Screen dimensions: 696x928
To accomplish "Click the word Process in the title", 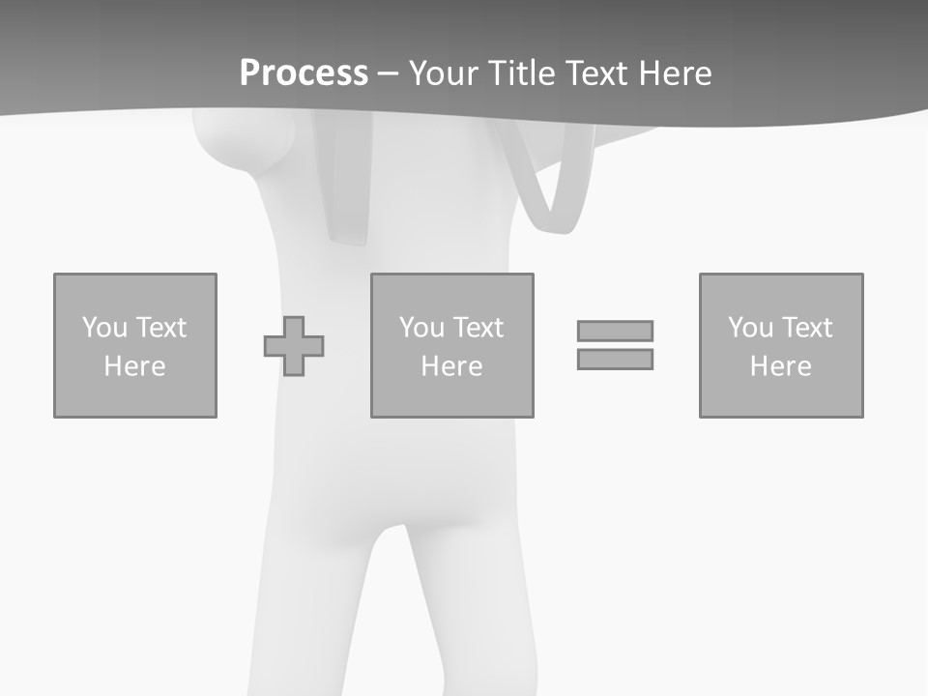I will (304, 73).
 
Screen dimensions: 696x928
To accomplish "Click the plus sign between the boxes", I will (294, 346).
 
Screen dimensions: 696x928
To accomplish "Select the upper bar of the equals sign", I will (615, 331).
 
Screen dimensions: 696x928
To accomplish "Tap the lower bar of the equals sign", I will (615, 359).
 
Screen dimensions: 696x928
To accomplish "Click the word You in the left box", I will (104, 328).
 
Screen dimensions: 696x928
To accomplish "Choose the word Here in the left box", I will (134, 366).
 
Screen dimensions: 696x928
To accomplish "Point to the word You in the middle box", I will (421, 328).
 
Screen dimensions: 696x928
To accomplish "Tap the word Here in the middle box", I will (451, 366).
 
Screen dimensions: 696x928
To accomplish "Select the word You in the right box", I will (750, 328).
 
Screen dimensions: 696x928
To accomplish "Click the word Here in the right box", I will (780, 366).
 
